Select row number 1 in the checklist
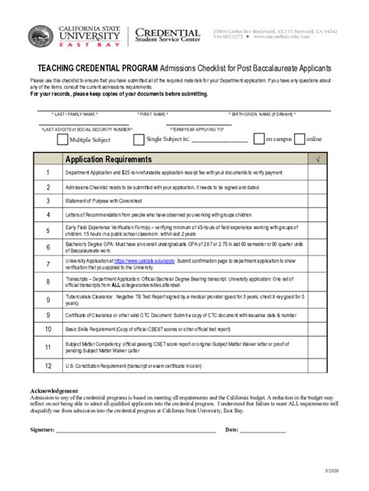(x=48, y=173)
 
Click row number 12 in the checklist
(x=48, y=365)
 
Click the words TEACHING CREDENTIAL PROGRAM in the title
(x=93, y=69)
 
